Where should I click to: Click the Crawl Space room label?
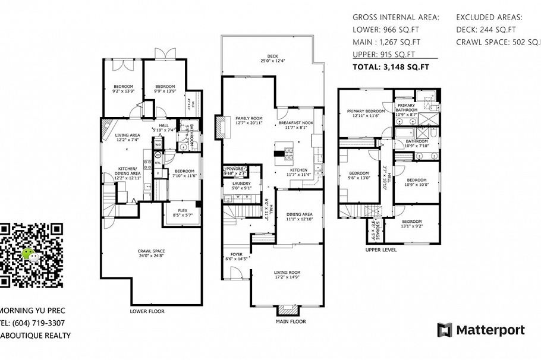[150, 254]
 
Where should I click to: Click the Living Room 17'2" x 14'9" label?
[287, 274]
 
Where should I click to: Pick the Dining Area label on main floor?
[299, 216]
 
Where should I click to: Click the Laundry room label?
[241, 186]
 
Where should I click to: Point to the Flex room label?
[184, 212]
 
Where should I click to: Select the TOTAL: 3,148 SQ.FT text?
[391, 67]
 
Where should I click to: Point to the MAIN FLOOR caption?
[290, 322]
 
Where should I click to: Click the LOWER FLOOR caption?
[147, 311]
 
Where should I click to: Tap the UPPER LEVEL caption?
[381, 250]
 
